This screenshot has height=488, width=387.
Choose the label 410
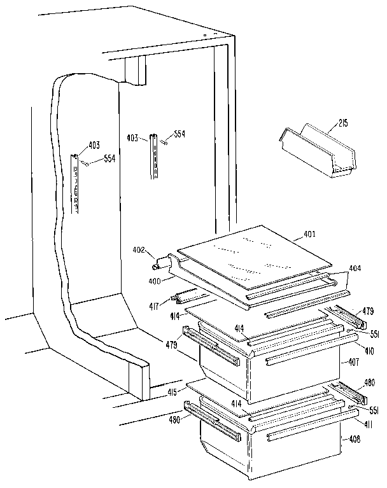[x=370, y=351]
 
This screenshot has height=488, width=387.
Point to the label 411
[x=368, y=424]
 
